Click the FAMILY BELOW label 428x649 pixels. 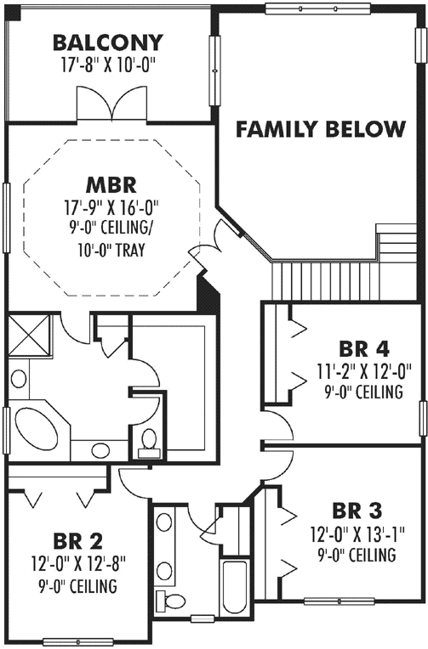(x=320, y=129)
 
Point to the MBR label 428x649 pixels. (x=111, y=184)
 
